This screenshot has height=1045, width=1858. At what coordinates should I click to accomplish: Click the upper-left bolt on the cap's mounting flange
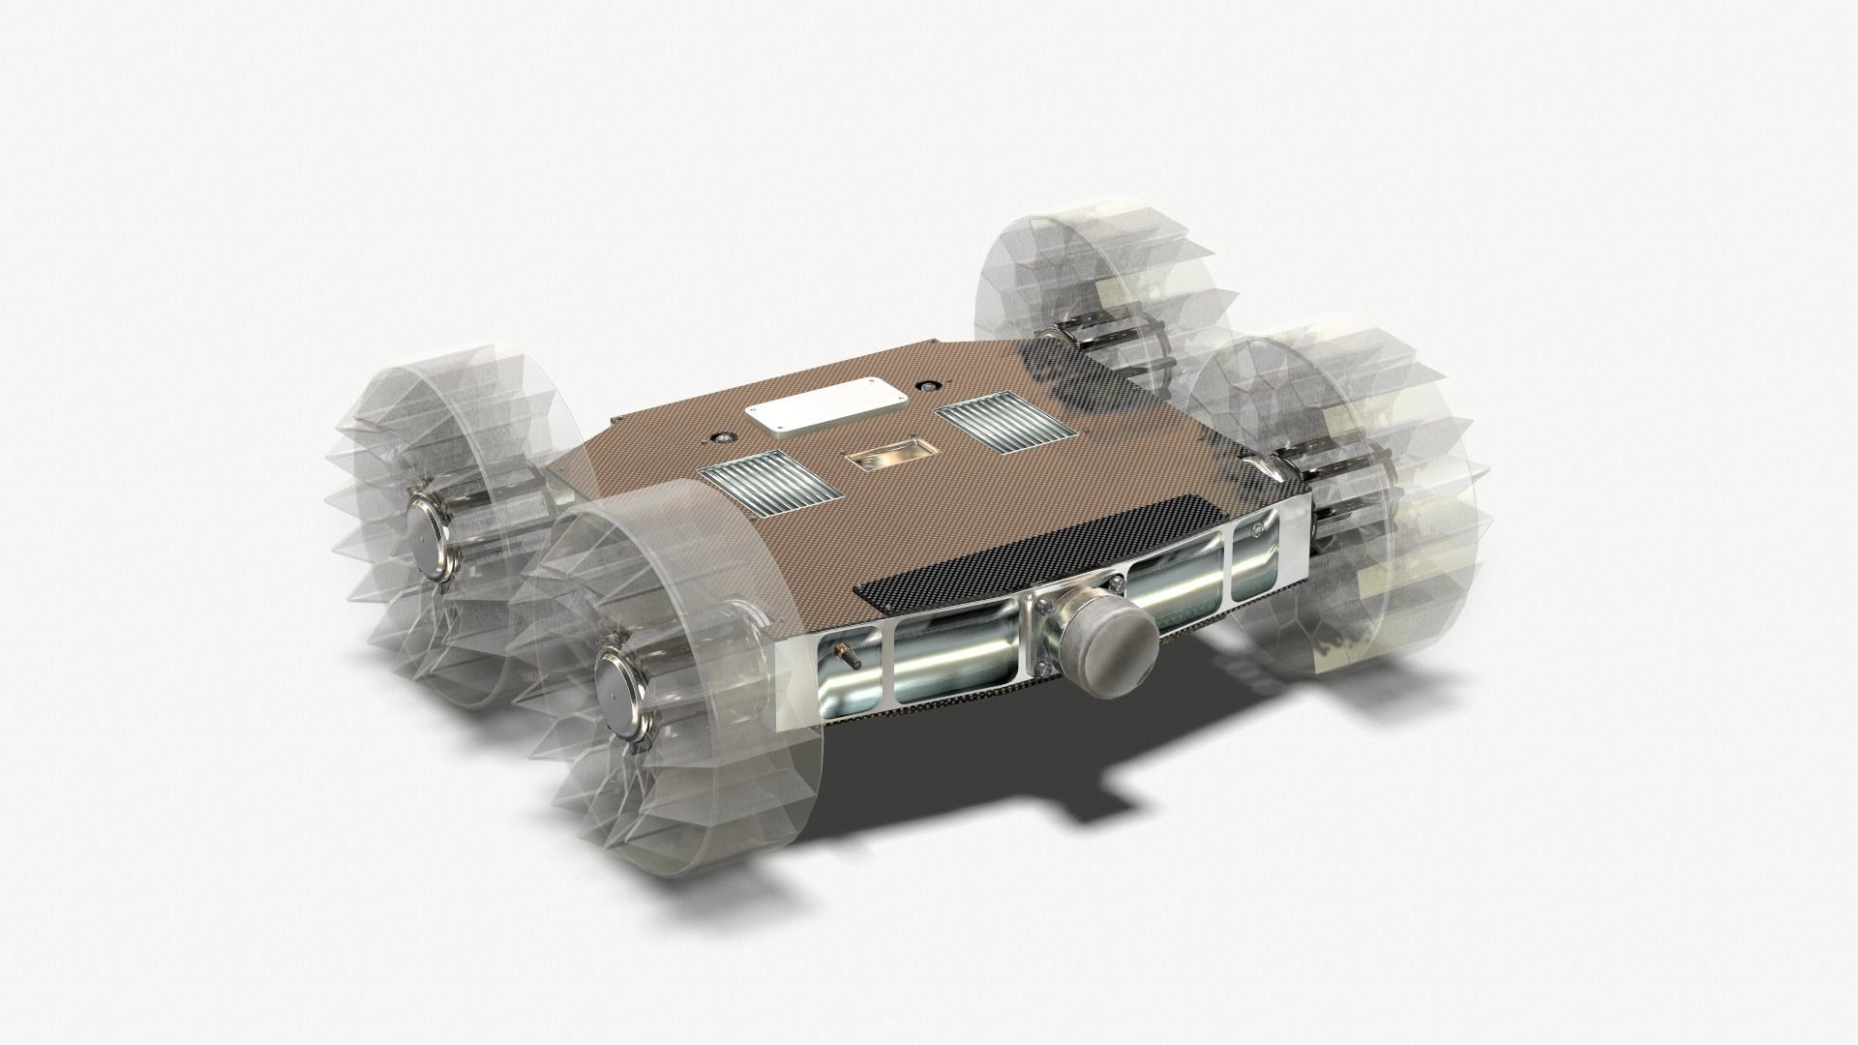(x=1045, y=605)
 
